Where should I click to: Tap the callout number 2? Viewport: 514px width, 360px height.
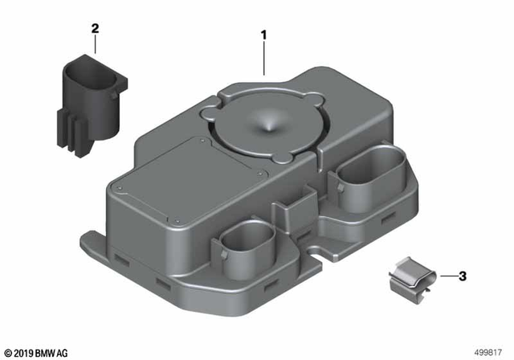click(x=95, y=29)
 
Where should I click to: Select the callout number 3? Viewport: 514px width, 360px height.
click(x=463, y=276)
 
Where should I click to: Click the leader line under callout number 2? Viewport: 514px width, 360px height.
click(x=95, y=44)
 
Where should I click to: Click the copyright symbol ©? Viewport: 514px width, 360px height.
click(x=8, y=352)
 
